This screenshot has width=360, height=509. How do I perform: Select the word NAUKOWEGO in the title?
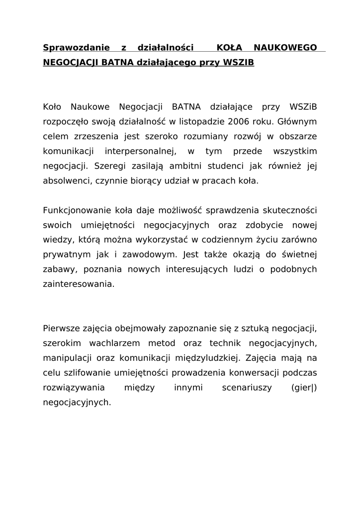[x=285, y=48]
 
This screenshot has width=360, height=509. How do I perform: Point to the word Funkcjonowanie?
[x=75, y=210]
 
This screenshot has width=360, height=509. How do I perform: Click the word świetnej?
[x=298, y=255]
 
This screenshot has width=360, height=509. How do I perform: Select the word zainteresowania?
[x=79, y=285]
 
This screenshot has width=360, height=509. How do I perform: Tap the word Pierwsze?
[x=61, y=328]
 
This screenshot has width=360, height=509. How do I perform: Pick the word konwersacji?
[x=262, y=373]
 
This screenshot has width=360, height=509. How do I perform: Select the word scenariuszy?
[x=247, y=388]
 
